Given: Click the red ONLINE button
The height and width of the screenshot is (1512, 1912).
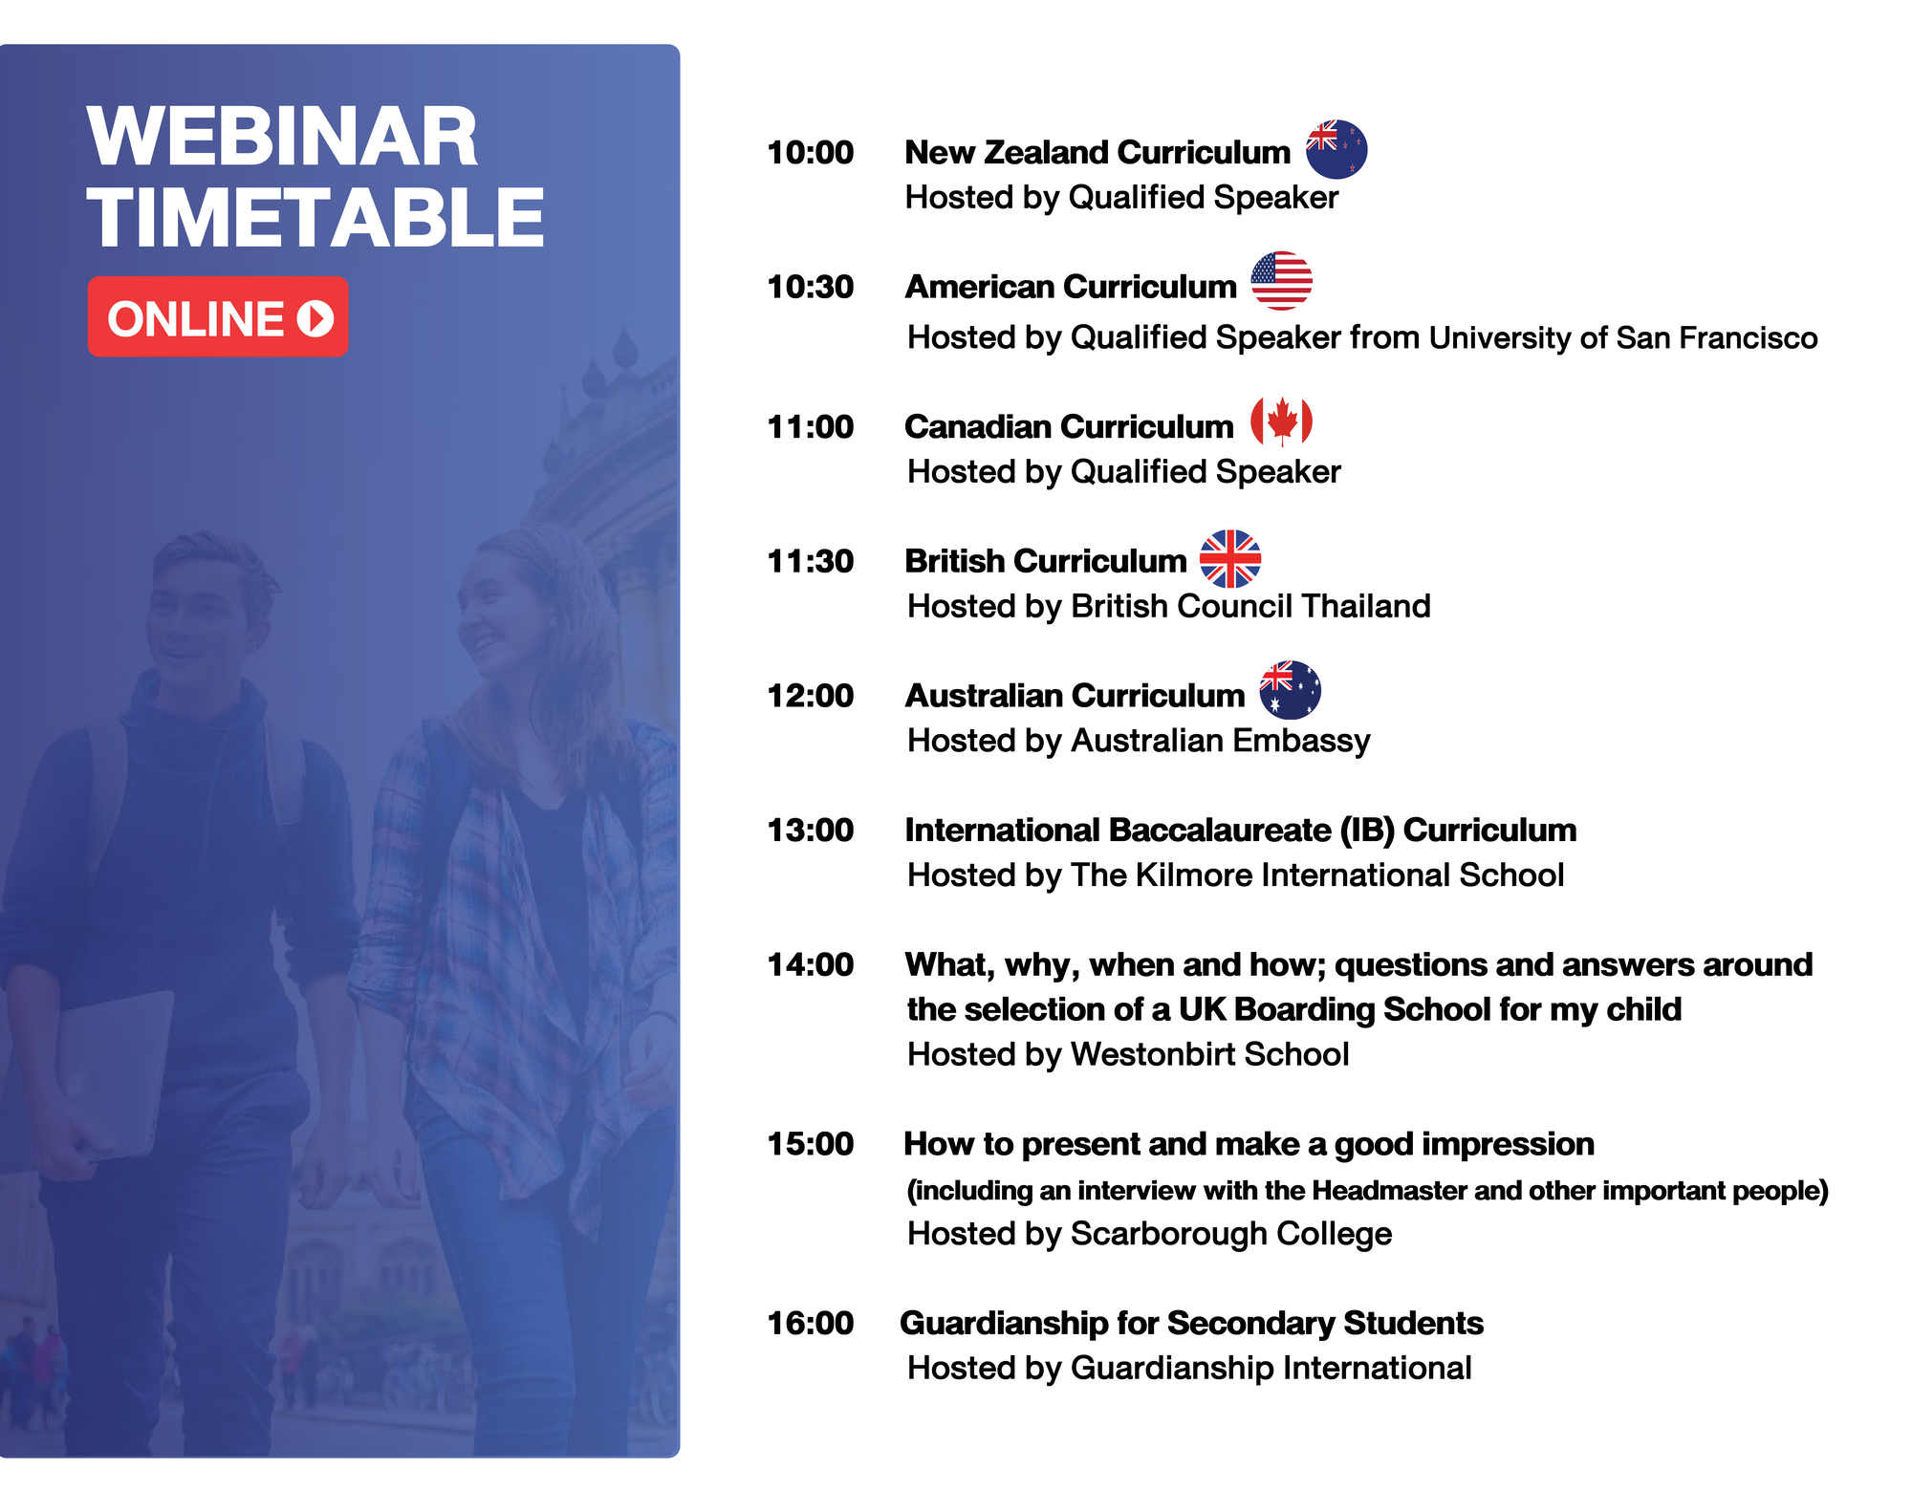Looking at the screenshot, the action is tap(218, 316).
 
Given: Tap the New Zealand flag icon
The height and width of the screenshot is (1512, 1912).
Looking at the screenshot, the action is tap(1336, 149).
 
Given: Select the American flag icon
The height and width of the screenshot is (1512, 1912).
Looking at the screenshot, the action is tap(1281, 281).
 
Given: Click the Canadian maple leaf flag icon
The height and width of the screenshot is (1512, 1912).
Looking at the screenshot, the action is tap(1281, 421).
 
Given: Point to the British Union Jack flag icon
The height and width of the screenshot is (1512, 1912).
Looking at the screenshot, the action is tap(1230, 559).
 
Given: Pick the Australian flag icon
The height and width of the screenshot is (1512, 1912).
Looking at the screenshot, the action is tap(1291, 690).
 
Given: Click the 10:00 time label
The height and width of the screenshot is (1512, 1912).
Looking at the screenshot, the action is tap(810, 153).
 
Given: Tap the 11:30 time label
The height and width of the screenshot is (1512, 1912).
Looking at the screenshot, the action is tap(810, 561).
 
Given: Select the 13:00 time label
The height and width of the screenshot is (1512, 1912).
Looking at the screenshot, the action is tap(810, 831).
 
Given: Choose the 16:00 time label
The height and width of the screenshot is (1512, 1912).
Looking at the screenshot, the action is tap(810, 1324).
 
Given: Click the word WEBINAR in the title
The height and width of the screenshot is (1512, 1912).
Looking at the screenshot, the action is tap(282, 137).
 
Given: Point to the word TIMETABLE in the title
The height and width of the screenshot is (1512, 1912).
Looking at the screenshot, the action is tap(315, 217).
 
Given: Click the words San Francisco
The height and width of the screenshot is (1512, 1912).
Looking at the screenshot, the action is tap(1717, 337).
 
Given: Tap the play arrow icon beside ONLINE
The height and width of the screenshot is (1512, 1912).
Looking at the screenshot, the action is tap(315, 318).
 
